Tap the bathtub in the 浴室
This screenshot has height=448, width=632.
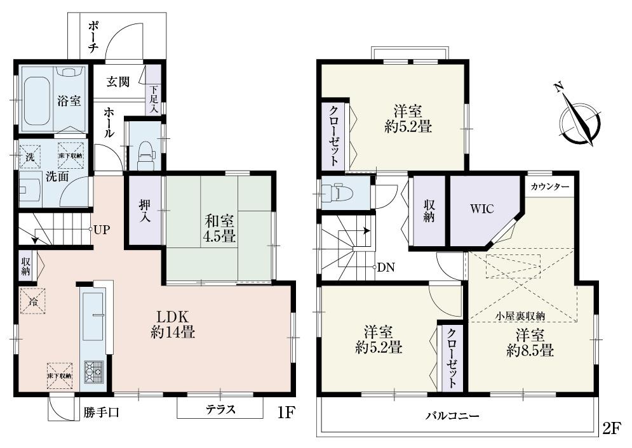coord(36,102)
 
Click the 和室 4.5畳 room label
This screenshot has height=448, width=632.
coord(219,229)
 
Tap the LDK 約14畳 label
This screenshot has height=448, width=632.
coord(172,324)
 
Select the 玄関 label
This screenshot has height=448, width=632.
coord(119,82)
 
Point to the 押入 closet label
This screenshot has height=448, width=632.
coord(145,211)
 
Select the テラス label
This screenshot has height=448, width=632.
coord(220,410)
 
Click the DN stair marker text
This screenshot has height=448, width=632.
coord(386,267)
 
